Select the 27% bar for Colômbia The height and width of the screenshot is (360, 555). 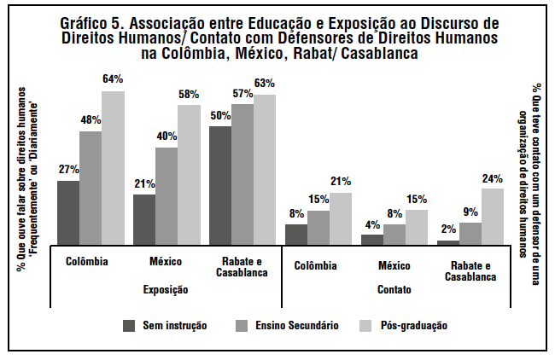tap(68, 212)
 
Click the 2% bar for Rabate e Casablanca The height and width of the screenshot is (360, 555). tap(448, 242)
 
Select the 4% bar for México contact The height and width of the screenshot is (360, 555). tap(372, 240)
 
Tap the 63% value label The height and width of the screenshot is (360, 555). tap(265, 84)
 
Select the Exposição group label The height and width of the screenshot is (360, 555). tap(166, 290)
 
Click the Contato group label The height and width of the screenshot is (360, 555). tap(394, 290)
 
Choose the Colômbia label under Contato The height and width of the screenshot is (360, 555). tap(316, 264)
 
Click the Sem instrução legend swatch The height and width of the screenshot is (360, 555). tap(130, 325)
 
